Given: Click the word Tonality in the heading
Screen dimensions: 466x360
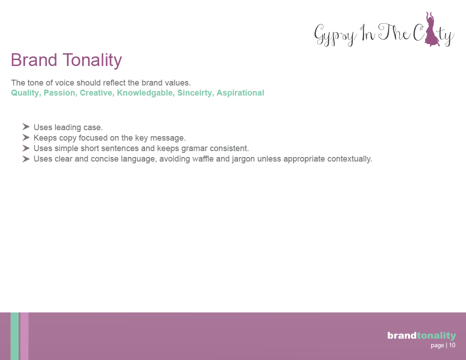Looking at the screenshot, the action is click(92, 61).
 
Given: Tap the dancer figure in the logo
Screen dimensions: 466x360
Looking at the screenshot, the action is click(431, 29).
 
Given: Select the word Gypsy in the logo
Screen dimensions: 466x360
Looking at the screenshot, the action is click(335, 35).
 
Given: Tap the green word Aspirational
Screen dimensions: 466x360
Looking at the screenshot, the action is click(240, 93).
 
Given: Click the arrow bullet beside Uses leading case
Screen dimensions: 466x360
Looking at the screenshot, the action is click(26, 127).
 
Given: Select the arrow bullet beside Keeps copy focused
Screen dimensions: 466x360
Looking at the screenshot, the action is click(26, 137).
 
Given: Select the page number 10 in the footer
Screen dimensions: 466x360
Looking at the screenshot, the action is click(452, 345).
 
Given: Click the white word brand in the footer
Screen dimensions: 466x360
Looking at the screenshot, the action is click(402, 335).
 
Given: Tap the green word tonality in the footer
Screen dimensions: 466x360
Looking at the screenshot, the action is click(436, 336).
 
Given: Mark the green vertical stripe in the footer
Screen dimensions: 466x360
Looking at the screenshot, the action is click(15, 336).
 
